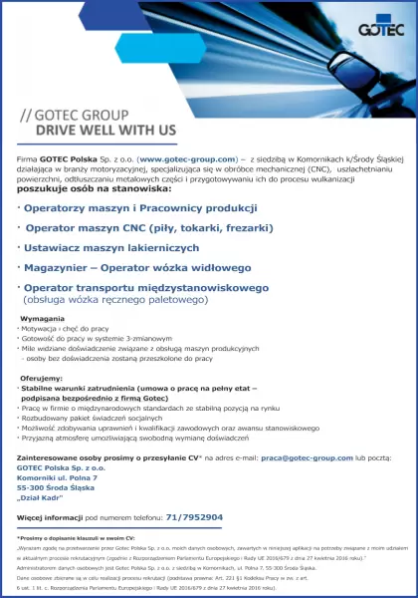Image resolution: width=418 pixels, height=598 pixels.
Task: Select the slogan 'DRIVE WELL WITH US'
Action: click(105, 130)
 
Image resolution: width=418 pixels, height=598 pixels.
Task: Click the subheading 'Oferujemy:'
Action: click(42, 379)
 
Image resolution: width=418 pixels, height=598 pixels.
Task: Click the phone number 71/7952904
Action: click(193, 517)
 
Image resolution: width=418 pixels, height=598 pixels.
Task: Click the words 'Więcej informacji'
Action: click(49, 517)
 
